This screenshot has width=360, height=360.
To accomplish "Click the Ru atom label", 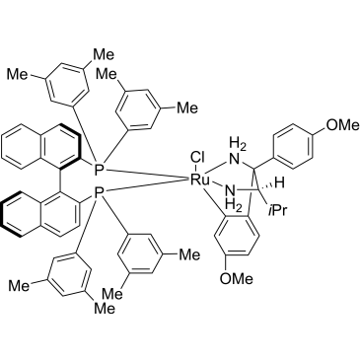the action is click(200, 180).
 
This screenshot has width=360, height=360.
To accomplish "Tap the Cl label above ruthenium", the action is click(197, 158).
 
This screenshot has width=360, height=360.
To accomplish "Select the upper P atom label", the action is click(100, 170).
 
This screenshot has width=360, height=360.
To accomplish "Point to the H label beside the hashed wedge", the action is click(279, 183).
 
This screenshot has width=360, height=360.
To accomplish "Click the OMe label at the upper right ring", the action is click(343, 124).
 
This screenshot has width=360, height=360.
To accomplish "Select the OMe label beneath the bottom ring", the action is click(237, 279).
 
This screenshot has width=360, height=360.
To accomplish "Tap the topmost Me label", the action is click(105, 54).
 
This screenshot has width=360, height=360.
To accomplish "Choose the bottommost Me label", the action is click(105, 308).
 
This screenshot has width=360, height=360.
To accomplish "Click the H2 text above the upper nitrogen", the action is click(238, 145).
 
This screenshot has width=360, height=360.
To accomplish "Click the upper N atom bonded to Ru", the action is click(234, 160).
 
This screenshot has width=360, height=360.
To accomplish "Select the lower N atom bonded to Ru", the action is click(231, 190).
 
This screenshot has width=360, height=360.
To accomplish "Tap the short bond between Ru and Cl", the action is click(198, 169).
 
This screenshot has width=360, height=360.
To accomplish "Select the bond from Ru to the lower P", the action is click(147, 186).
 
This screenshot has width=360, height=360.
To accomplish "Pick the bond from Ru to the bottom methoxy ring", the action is click(213, 201).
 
